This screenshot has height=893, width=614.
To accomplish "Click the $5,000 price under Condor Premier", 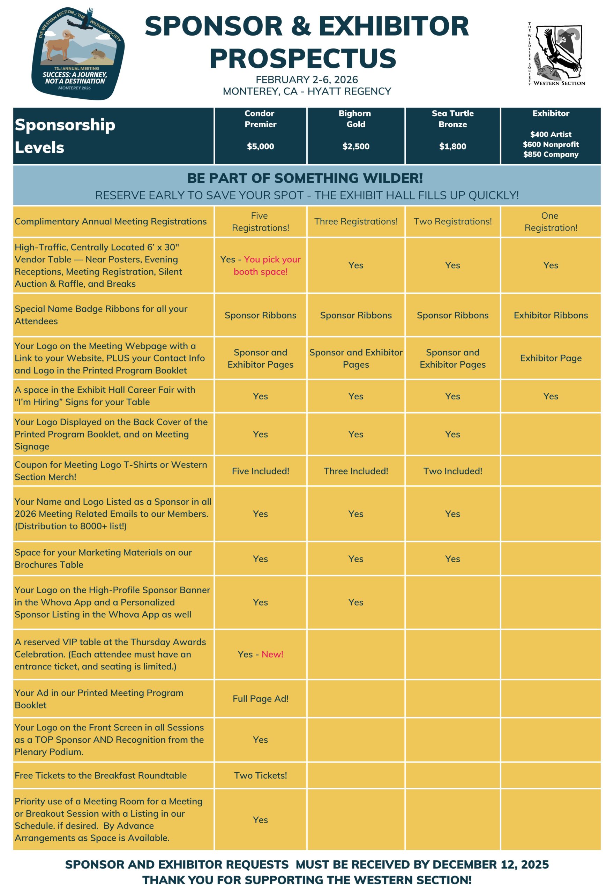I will pyautogui.click(x=261, y=146).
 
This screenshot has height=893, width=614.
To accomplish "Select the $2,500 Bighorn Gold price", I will pyautogui.click(x=356, y=146).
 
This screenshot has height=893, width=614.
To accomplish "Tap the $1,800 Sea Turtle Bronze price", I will pyautogui.click(x=452, y=146).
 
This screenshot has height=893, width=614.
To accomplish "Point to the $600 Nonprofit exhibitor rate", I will pyautogui.click(x=551, y=144).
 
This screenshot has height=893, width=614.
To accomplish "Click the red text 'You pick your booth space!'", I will pyautogui.click(x=267, y=265).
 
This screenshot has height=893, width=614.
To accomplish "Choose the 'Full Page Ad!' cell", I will pyautogui.click(x=261, y=698).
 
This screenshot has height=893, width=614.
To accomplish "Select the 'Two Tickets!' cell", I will pyautogui.click(x=261, y=775).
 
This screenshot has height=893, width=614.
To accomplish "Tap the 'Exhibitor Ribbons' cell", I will pyautogui.click(x=551, y=315).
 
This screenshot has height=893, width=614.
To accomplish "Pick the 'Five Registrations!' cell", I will pyautogui.click(x=261, y=222).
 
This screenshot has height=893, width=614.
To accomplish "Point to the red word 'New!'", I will pyautogui.click(x=272, y=654).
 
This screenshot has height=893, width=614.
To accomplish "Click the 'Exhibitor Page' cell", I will pyautogui.click(x=551, y=358).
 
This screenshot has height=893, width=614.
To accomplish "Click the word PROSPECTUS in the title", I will pyautogui.click(x=303, y=58).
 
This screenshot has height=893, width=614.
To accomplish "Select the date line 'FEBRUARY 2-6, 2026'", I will pyautogui.click(x=307, y=80).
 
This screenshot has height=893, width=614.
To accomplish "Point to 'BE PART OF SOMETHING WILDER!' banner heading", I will pyautogui.click(x=305, y=178).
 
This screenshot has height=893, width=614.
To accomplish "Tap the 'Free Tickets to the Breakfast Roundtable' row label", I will pyautogui.click(x=100, y=775).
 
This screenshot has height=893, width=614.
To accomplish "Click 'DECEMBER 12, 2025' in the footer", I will pyautogui.click(x=491, y=864).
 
